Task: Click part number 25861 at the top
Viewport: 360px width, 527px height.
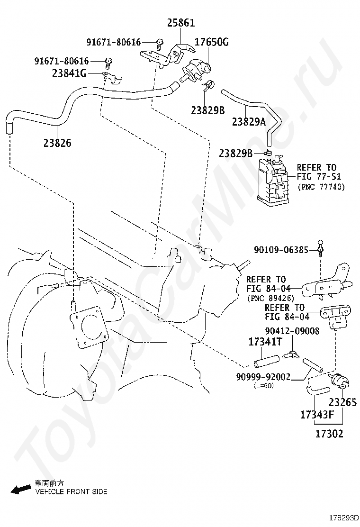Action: click(x=180, y=23)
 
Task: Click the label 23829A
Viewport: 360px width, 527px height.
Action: click(x=249, y=122)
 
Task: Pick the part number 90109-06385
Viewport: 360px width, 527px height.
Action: click(x=281, y=250)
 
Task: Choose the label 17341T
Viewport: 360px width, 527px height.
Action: click(x=265, y=341)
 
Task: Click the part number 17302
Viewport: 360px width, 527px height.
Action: click(x=329, y=433)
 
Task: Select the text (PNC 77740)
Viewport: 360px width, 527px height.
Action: click(x=321, y=187)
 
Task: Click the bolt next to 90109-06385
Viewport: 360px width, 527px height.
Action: click(x=321, y=247)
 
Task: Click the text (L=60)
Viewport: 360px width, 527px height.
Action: click(x=264, y=385)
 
